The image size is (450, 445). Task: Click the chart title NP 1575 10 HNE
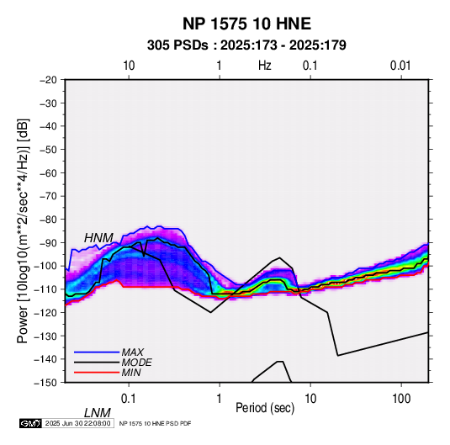click(246, 24)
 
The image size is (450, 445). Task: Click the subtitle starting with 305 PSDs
click(246, 45)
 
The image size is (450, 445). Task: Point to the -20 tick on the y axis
click(48, 80)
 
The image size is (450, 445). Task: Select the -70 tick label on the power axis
click(48, 196)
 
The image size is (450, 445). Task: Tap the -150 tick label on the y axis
click(46, 383)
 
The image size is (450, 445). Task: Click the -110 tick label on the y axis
click(46, 289)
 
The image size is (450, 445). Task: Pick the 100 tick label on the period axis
click(401, 399)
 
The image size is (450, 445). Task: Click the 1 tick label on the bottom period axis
click(220, 399)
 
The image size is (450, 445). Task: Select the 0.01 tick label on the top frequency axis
click(400, 66)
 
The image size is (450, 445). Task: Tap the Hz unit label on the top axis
click(265, 66)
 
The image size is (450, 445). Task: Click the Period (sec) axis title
click(265, 408)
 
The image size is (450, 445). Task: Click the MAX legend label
click(132, 352)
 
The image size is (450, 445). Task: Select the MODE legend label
click(136, 363)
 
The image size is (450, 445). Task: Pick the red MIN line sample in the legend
click(97, 373)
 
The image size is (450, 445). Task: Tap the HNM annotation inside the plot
click(98, 238)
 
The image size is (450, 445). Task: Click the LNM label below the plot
click(98, 413)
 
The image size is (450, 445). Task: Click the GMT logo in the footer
click(30, 423)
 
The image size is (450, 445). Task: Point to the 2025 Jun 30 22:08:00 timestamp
click(77, 423)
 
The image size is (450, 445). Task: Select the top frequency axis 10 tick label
click(129, 66)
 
